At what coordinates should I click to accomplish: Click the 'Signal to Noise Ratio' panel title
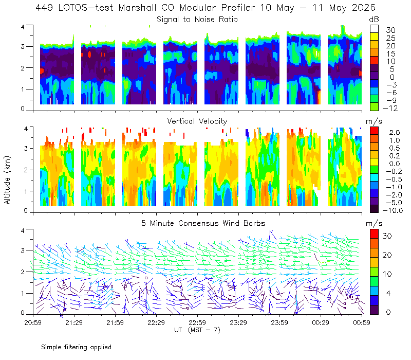click(x=197, y=20)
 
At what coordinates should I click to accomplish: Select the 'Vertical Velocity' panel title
click(x=197, y=121)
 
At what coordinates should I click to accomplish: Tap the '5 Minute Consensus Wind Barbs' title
click(x=203, y=223)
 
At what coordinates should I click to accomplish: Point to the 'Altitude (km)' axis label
click(x=7, y=180)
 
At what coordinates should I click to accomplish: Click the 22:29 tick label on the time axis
click(x=156, y=322)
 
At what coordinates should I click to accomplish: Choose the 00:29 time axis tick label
click(x=321, y=322)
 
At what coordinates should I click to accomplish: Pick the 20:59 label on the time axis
click(x=33, y=322)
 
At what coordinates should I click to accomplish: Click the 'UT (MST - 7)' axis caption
click(x=197, y=330)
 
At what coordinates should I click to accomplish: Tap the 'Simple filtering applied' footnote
click(x=76, y=347)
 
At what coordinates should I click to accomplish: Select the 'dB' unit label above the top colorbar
click(x=374, y=20)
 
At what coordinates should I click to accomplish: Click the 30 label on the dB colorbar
click(x=390, y=30)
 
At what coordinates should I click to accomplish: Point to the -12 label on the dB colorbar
click(x=390, y=108)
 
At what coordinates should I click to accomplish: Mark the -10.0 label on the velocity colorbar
click(x=393, y=210)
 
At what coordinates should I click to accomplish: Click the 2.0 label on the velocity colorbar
click(x=395, y=133)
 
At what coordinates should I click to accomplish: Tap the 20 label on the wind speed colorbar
click(x=387, y=255)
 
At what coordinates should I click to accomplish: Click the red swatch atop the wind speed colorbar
click(x=374, y=234)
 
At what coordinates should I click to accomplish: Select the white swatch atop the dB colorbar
click(x=374, y=29)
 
